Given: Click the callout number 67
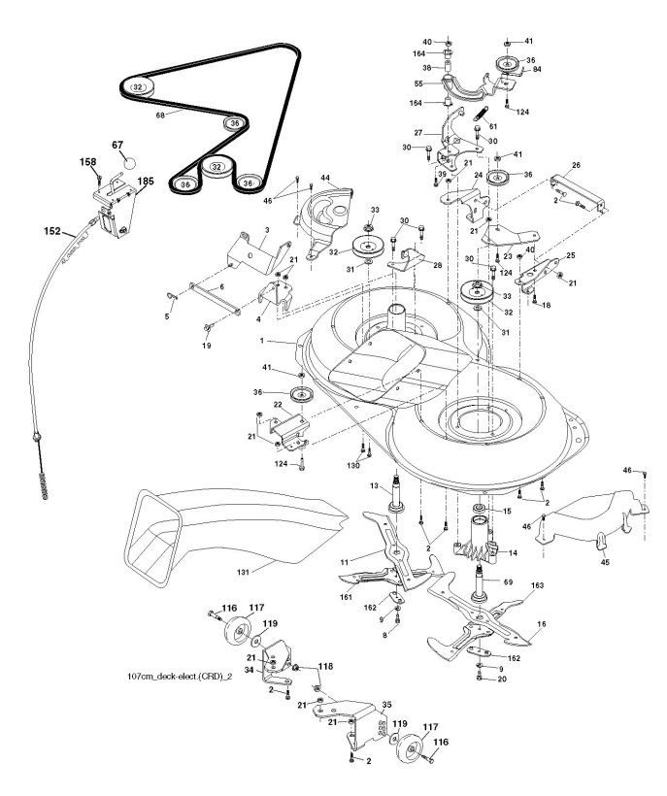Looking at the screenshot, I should coord(118,145).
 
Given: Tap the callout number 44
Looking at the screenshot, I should coord(326,181).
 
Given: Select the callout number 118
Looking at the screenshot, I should coord(324,668).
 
